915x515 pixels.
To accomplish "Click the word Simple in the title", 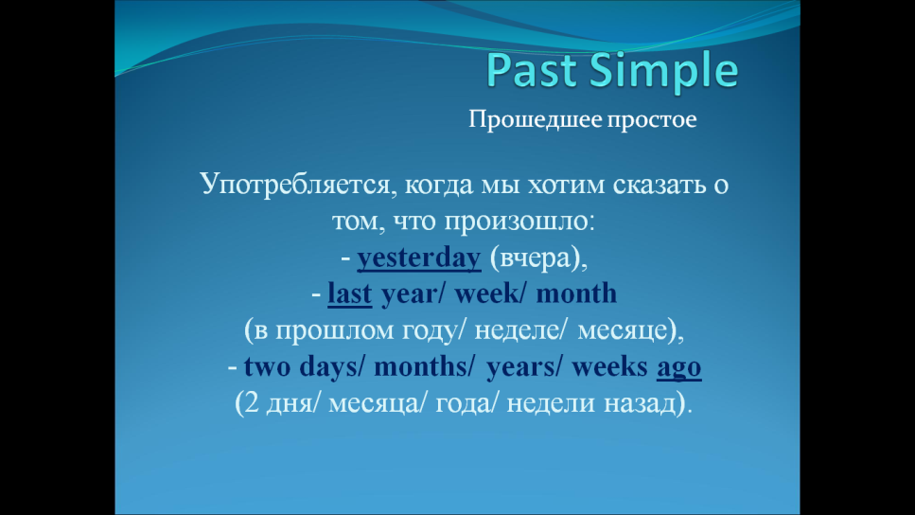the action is pos(664,71).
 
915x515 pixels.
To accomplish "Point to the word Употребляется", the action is pos(294,185).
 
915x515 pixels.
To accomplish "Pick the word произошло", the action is pos(519,222).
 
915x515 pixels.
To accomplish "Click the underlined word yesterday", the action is pos(419,257).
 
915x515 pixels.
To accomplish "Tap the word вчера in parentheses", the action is pos(536,258).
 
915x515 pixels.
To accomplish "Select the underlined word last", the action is pos(349,293).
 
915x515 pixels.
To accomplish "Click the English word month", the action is pos(576,293).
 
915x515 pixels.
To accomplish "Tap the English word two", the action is pos(267,366).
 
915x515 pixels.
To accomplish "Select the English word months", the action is pos(420,366).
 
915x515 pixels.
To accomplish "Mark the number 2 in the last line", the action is pos(252,403).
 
